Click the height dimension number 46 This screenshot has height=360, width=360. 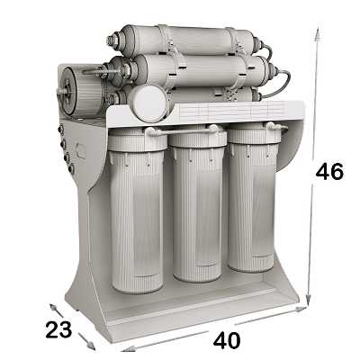329,172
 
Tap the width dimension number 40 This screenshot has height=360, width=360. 227,340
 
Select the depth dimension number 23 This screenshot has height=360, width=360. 58,329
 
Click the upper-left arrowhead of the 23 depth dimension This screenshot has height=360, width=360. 53,308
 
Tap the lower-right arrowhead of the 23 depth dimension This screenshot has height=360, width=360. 91,346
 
